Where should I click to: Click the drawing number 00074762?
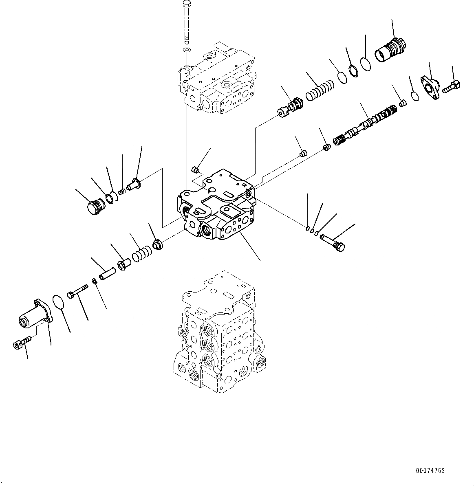(430, 471)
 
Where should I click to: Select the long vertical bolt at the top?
(187, 22)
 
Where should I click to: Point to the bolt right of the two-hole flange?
(452, 86)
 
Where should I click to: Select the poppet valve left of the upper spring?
(291, 108)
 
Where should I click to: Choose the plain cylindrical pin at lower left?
(106, 272)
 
